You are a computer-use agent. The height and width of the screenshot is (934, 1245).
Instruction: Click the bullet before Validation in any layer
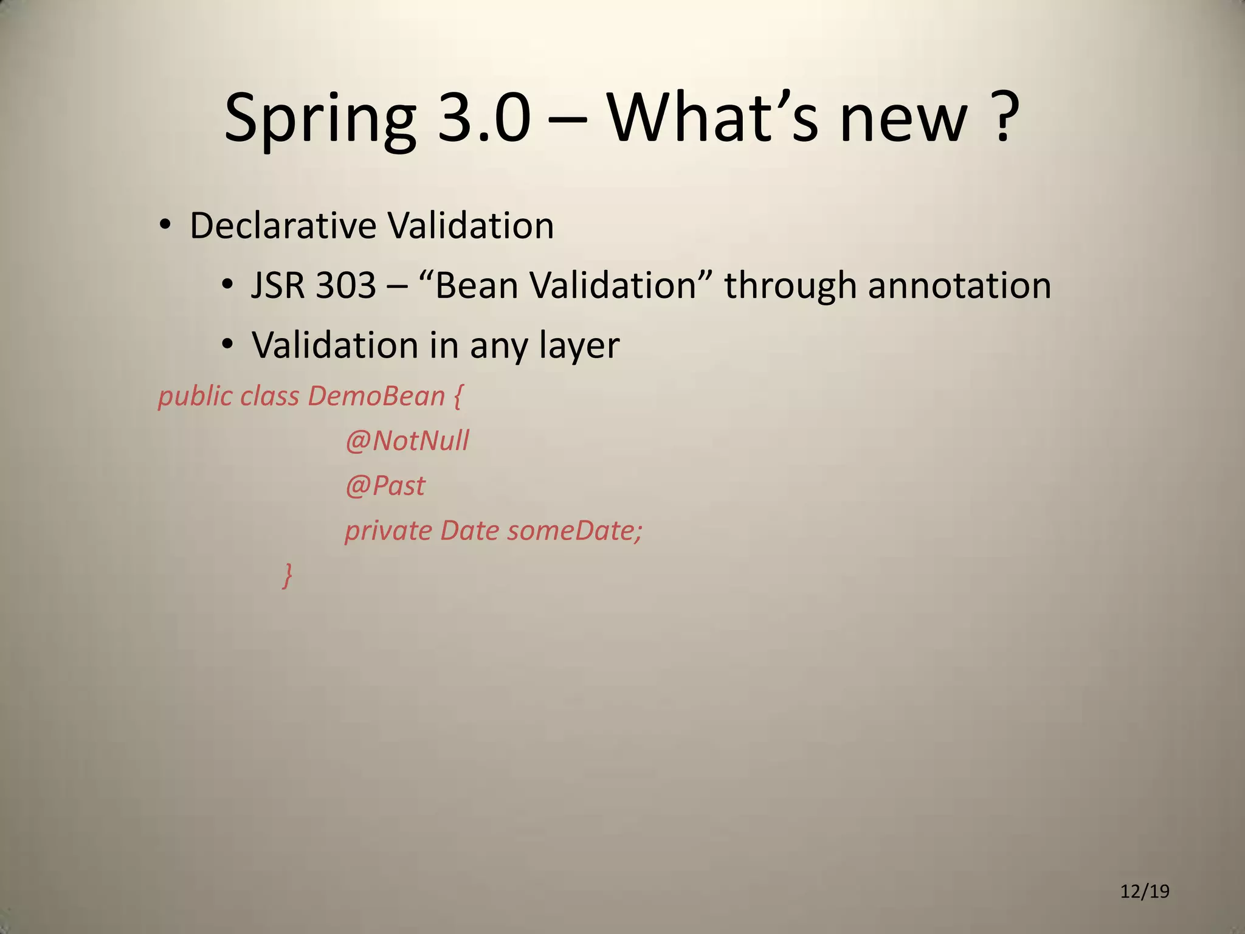pos(227,345)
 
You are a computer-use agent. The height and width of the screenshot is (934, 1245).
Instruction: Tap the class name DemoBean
pos(376,396)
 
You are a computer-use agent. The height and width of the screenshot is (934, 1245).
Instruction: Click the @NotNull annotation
pos(407,441)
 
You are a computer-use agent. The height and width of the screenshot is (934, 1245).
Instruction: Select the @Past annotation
pos(385,486)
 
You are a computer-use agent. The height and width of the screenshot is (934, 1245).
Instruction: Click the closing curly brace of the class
pos(288,575)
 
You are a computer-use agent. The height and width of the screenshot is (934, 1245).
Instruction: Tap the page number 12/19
pos(1145,891)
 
